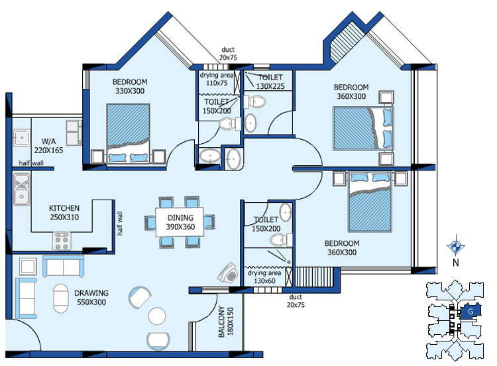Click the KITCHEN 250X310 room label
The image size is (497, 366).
pyautogui.click(x=64, y=213)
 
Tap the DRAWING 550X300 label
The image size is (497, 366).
pyautogui.click(x=91, y=298)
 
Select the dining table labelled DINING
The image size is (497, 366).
pyautogui.click(x=180, y=222)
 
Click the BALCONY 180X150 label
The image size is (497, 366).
pyautogui.click(x=226, y=322)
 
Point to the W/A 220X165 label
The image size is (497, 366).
pyautogui.click(x=48, y=146)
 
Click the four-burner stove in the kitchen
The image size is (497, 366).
pyautogui.click(x=62, y=241)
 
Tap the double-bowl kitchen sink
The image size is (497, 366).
pyautogui.click(x=21, y=190)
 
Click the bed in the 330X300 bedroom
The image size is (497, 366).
pyautogui.click(x=128, y=133)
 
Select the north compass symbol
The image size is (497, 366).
pyautogui.click(x=456, y=246)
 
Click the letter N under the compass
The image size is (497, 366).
pyautogui.click(x=456, y=263)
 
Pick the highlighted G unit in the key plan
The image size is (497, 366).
pyautogui.click(x=470, y=312)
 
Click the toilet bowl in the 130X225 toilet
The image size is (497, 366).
pyautogui.click(x=255, y=102)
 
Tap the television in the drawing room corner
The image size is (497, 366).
pyautogui.click(x=228, y=273)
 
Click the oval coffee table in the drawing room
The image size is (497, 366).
pyautogui.click(x=60, y=298)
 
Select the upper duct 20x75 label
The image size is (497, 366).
pyautogui.click(x=228, y=53)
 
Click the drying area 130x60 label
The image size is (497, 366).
pyautogui.click(x=264, y=277)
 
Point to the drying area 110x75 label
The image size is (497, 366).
pyautogui.click(x=217, y=79)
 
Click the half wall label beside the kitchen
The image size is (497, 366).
pyautogui.click(x=119, y=223)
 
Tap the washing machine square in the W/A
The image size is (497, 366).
pyautogui.click(x=21, y=137)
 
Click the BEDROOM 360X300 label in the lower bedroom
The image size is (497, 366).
pyautogui.click(x=342, y=248)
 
